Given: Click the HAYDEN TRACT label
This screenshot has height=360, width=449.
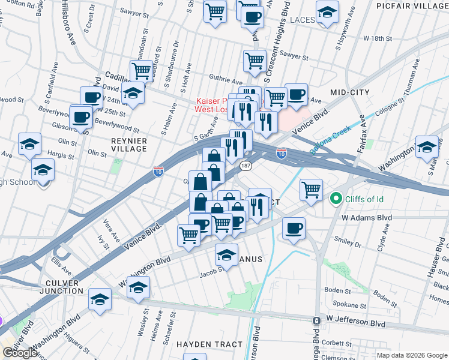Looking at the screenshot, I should click(209, 344).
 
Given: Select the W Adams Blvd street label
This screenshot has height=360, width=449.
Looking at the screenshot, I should click(366, 218).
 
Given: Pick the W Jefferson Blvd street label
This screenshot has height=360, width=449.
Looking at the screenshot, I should click(356, 323).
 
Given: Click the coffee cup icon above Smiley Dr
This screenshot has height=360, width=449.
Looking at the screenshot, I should click(294, 228).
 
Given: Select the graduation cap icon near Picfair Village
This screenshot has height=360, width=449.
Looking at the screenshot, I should click(327, 12).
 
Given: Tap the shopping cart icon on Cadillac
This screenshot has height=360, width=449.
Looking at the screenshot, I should click(141, 70).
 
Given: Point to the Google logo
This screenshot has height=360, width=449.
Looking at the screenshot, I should click(20, 353).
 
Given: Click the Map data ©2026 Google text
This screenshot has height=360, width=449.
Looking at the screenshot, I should click(411, 355).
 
